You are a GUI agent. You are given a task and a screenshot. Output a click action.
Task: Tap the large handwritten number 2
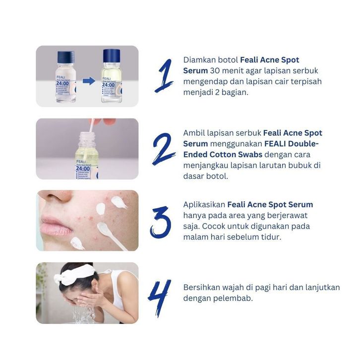[164, 149]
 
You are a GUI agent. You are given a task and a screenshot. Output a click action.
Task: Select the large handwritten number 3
[161, 222]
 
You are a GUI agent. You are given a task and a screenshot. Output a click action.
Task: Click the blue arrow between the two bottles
[89, 81]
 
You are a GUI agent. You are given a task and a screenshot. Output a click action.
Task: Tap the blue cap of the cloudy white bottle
[66, 57]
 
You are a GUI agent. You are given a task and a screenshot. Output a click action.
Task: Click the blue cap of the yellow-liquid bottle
[112, 56]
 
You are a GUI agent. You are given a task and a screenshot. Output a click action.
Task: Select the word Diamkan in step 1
[199, 60]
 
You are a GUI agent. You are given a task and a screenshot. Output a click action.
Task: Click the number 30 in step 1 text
[215, 71]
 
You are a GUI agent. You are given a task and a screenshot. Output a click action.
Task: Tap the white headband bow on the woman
[73, 274]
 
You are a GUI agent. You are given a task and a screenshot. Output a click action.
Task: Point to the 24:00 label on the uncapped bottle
[83, 168]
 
